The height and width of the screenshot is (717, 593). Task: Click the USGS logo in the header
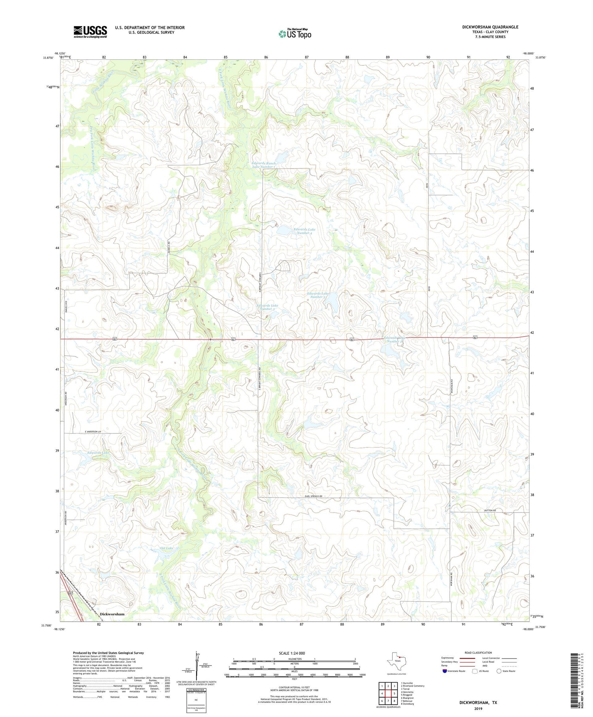point(90,32)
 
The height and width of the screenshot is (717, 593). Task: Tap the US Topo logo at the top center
point(295,34)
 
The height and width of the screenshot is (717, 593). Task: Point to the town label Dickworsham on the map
point(112,614)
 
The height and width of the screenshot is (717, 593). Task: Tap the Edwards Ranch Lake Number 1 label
point(264,165)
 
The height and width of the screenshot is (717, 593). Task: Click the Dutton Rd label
point(489,511)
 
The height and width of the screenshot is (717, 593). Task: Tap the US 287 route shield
point(70,594)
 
